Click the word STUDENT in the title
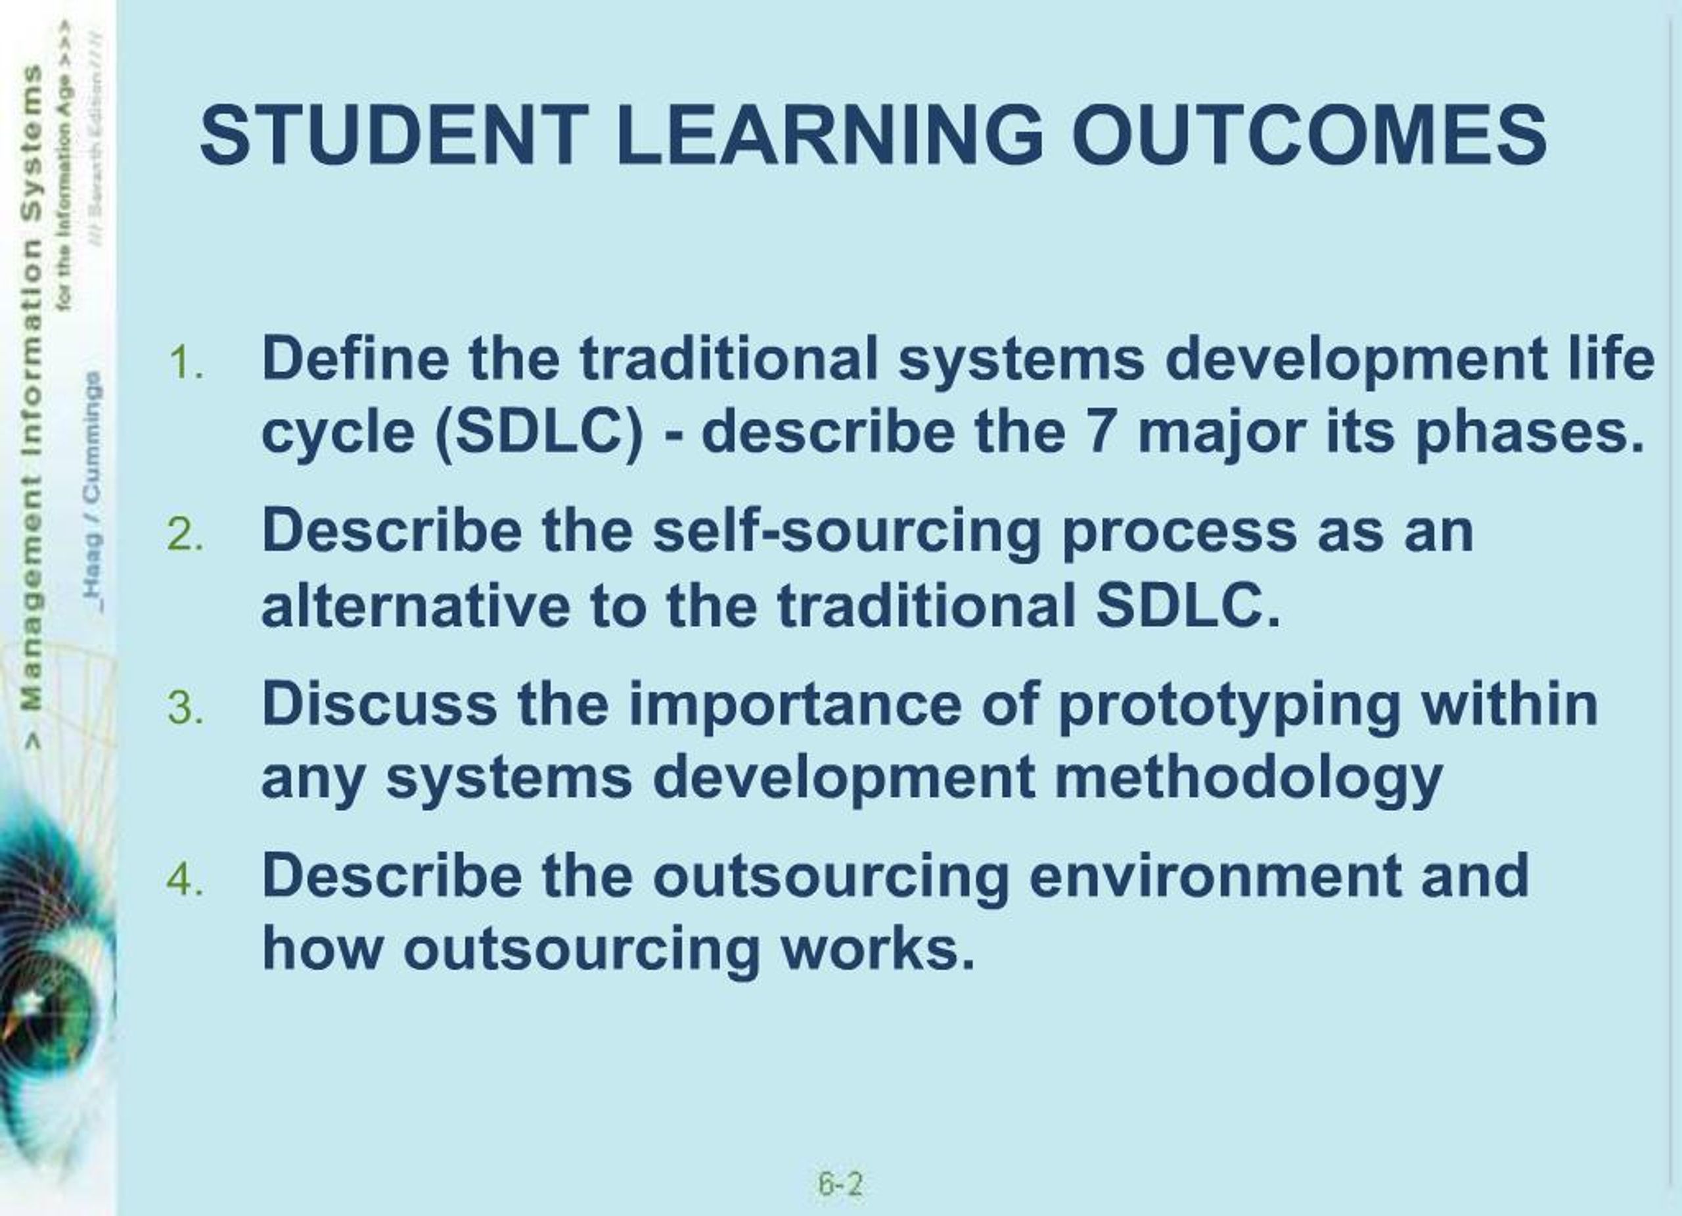pos(394,136)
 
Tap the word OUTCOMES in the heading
pos(1309,136)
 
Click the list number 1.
pos(185,363)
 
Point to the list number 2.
pos(185,535)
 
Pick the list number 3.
pos(185,708)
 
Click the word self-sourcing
pos(847,532)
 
